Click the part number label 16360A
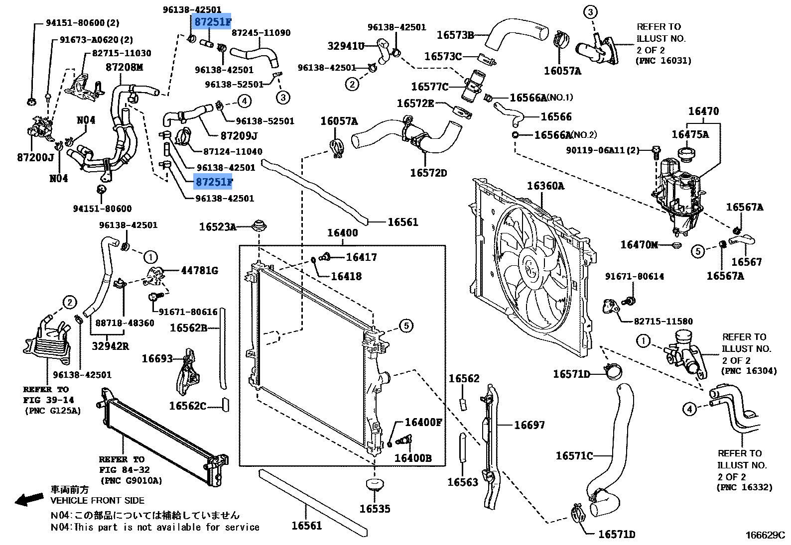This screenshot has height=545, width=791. [x=545, y=186]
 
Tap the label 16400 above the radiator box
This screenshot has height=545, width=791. [x=342, y=233]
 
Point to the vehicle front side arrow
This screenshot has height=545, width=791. [x=29, y=499]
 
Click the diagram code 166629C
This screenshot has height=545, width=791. [x=765, y=535]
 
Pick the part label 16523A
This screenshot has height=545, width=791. [x=218, y=227]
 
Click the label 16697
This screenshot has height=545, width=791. [x=529, y=425]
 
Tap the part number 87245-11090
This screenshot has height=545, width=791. [x=261, y=33]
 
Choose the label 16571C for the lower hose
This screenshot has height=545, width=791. [x=574, y=455]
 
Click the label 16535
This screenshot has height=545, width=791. [x=375, y=509]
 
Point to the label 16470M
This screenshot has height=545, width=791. [x=639, y=244]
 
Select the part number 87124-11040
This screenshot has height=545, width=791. [x=233, y=151]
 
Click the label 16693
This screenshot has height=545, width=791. [x=157, y=358]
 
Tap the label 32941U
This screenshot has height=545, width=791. [x=346, y=46]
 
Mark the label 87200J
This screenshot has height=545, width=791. [x=35, y=157]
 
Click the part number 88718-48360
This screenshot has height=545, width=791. [x=125, y=323]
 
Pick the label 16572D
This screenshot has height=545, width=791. [x=428, y=173]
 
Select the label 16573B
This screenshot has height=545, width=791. [x=455, y=35]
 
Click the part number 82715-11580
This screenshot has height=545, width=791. [x=663, y=322]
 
